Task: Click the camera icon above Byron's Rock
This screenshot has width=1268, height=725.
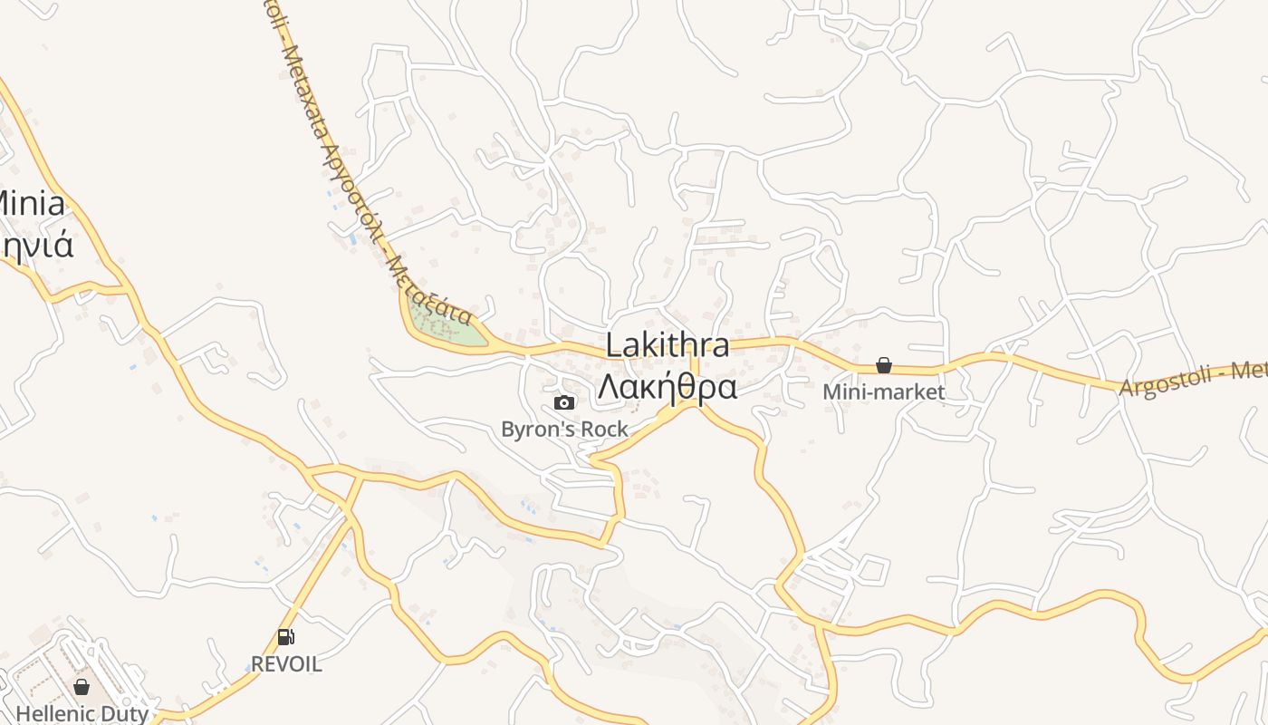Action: click(563, 402)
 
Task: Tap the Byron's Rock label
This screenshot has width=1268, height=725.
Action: click(564, 429)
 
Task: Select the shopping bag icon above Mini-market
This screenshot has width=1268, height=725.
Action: click(883, 365)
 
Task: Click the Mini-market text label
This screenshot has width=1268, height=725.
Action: click(883, 391)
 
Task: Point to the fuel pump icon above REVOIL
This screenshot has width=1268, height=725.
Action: click(285, 637)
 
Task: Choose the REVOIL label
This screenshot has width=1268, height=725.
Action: click(285, 663)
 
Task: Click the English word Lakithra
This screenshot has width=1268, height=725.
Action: click(668, 345)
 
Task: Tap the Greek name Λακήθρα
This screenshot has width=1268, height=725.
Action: click(667, 387)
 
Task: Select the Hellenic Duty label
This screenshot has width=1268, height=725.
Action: click(82, 713)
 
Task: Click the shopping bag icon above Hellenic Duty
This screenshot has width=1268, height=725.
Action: click(82, 687)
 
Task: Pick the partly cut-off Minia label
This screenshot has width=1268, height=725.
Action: click(32, 203)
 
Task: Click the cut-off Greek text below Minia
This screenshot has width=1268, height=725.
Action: click(36, 245)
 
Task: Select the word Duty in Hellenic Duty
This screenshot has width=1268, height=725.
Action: click(126, 713)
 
